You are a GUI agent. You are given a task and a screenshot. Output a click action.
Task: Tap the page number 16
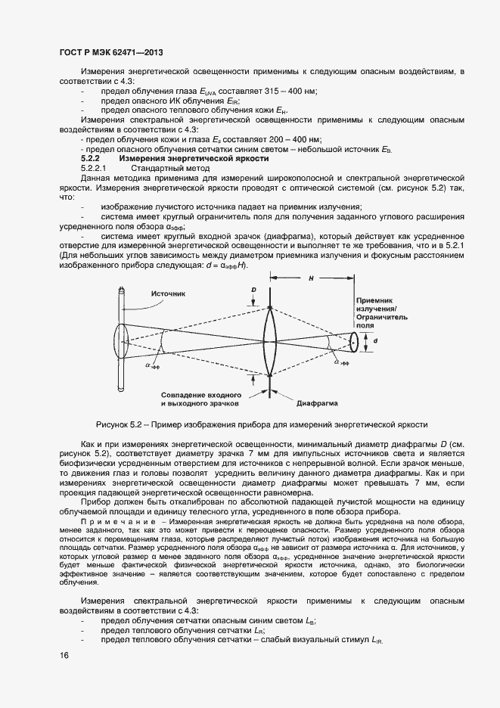[x=63, y=655]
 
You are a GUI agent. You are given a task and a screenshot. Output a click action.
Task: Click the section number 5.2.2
[x=90, y=159]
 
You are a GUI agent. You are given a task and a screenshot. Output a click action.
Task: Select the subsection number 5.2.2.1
[x=95, y=168]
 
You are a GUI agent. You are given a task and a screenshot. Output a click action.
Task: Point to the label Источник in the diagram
[x=168, y=293]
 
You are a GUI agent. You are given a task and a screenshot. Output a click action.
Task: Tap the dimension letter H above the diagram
[x=311, y=278]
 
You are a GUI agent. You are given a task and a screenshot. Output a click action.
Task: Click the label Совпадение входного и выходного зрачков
[x=201, y=399]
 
